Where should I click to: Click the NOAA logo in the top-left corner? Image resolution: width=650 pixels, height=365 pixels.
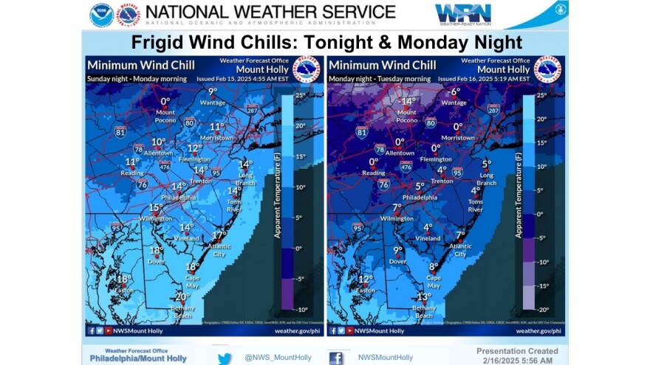[x=101, y=15]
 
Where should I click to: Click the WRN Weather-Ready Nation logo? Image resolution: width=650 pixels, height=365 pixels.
[x=462, y=13]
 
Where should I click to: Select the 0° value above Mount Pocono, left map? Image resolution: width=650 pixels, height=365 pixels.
[x=165, y=102]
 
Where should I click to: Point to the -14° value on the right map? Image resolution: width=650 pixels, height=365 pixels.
[x=406, y=102]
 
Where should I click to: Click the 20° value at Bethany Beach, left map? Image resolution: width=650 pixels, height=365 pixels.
[x=182, y=296]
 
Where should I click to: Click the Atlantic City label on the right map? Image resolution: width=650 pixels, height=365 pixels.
[x=459, y=250]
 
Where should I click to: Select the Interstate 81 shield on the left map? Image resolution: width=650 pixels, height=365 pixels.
[x=121, y=133]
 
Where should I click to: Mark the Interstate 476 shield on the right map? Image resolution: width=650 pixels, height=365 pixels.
[x=406, y=167]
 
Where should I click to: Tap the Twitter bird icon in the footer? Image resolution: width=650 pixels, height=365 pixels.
[x=225, y=358]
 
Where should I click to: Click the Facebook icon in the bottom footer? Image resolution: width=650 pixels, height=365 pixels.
[x=336, y=358]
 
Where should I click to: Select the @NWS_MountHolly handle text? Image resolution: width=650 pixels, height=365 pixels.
[x=278, y=358]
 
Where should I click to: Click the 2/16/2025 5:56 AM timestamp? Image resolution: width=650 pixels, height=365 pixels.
[x=514, y=360]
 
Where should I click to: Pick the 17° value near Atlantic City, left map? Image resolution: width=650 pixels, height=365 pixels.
[x=219, y=234]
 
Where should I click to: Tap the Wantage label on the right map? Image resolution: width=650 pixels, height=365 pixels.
[x=454, y=103]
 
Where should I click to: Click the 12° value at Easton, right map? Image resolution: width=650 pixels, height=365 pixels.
[x=364, y=279]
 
